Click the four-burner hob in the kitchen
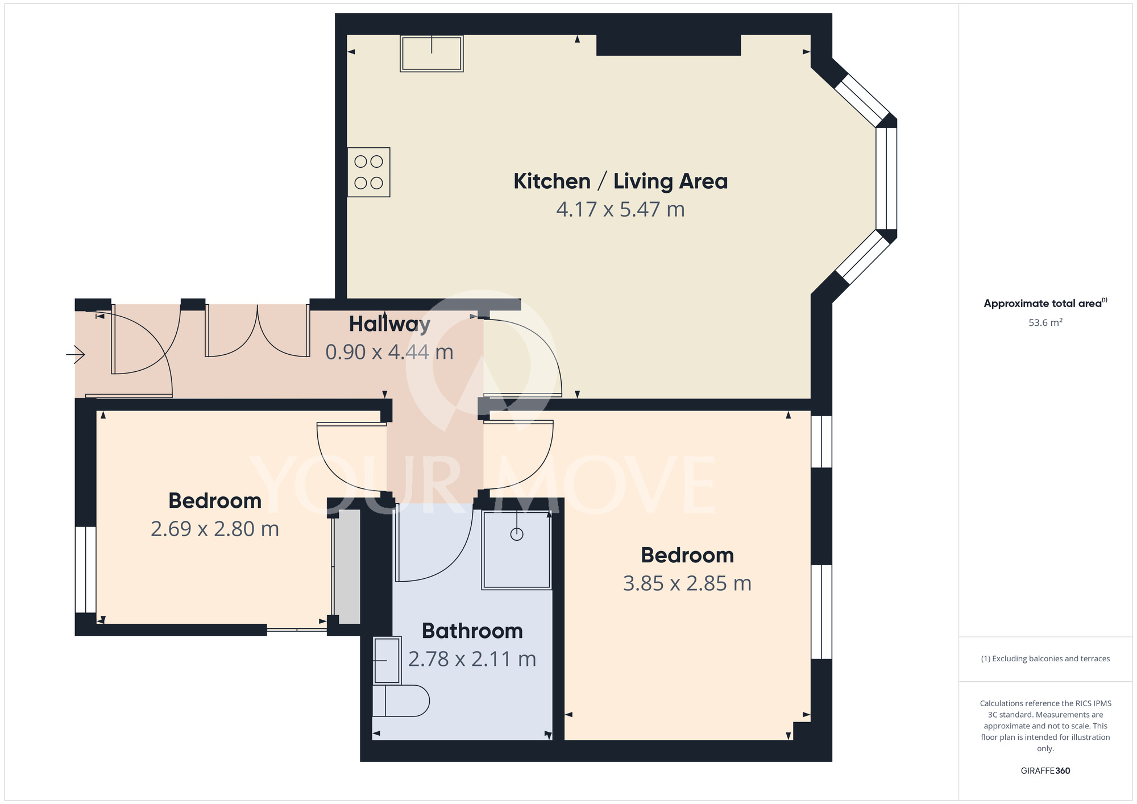[368, 172]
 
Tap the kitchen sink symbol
[431, 53]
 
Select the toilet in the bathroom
[401, 701]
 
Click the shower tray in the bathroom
[516, 550]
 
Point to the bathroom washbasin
[387, 661]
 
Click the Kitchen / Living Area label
[620, 181]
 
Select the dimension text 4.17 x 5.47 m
[620, 210]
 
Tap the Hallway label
[389, 324]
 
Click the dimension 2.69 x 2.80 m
[215, 529]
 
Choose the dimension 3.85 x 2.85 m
[687, 584]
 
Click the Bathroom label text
[472, 631]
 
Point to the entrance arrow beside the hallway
[76, 355]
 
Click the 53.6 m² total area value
[1045, 323]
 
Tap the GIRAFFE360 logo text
[1045, 771]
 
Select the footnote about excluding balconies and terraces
[1045, 659]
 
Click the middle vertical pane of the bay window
[886, 178]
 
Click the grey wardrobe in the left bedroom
[347, 566]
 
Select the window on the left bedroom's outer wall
[86, 569]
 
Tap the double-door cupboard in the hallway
[258, 331]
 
